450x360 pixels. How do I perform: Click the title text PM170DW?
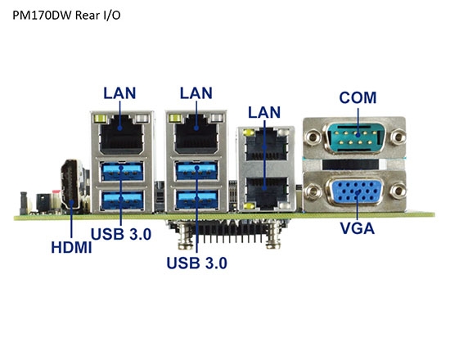click(x=41, y=16)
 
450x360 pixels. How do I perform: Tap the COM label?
click(x=358, y=97)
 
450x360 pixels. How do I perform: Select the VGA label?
click(x=357, y=228)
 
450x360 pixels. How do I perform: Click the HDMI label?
click(x=69, y=245)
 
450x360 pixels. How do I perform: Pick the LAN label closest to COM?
click(x=263, y=110)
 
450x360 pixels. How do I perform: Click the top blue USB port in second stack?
click(x=197, y=173)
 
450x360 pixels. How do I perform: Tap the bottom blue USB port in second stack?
click(x=197, y=200)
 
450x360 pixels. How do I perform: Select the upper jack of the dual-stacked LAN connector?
click(x=263, y=148)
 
